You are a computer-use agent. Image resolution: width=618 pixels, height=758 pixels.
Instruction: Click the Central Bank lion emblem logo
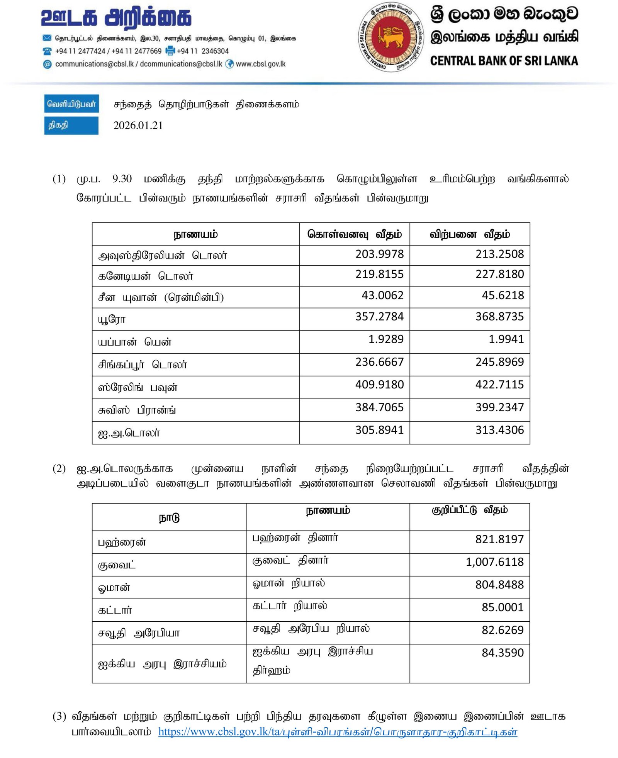click(391, 37)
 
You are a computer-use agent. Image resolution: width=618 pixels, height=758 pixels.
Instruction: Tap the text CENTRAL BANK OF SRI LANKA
click(504, 61)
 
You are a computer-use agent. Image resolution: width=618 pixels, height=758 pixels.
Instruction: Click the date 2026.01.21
click(138, 125)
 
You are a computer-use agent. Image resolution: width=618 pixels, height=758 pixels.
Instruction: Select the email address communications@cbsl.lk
click(94, 64)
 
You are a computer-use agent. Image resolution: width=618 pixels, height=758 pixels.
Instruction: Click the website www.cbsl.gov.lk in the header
click(261, 64)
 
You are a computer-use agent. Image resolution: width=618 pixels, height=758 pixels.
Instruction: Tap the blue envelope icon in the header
click(47, 38)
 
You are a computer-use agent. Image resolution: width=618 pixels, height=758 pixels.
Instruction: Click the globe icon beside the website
click(230, 64)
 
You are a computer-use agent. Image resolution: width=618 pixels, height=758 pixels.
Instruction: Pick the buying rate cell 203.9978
click(379, 254)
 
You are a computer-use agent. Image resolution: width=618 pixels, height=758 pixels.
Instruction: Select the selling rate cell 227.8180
click(499, 274)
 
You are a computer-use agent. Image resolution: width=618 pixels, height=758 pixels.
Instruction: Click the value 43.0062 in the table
click(382, 295)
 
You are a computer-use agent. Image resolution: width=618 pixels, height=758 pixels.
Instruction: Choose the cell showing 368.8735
click(499, 317)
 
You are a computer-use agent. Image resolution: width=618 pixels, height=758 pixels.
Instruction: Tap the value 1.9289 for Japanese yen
click(385, 339)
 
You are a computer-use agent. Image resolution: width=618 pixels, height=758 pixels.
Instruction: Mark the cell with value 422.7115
click(499, 385)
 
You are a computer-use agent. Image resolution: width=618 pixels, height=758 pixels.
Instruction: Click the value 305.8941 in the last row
click(379, 430)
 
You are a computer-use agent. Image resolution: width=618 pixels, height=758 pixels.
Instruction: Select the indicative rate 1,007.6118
click(494, 562)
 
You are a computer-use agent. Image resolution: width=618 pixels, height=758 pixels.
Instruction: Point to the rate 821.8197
click(499, 539)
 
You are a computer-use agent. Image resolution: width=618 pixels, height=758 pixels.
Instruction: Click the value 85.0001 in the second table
click(503, 607)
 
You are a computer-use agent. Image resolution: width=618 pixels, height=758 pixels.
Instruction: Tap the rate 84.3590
click(503, 653)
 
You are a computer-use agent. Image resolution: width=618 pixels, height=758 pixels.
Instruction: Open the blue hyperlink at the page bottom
click(338, 732)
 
